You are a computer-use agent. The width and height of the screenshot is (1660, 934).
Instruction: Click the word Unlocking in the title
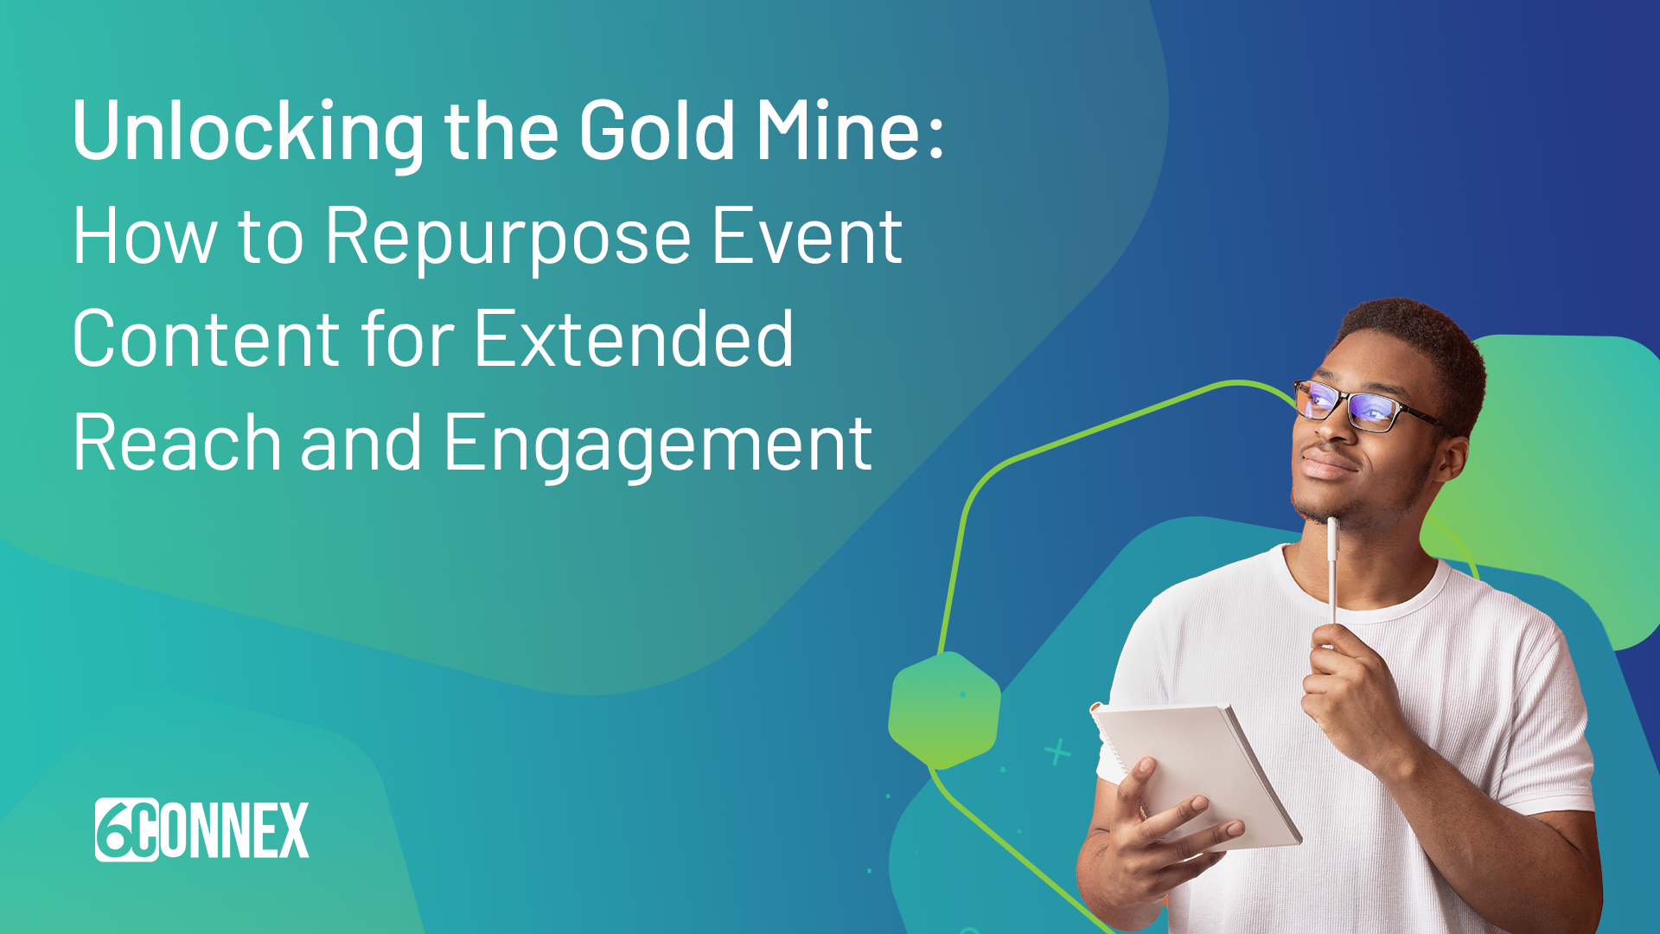coord(249,131)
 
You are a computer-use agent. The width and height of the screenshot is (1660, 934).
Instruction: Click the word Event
coord(807,235)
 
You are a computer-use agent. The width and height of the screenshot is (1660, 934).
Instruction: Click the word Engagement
coord(658,446)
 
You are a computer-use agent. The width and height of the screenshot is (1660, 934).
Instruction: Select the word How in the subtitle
coord(145,235)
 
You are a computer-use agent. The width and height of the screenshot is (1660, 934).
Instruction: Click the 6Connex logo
coord(202,829)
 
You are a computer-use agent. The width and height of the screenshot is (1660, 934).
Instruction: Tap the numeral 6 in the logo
coord(116,829)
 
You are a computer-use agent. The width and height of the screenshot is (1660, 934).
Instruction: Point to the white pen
coord(1332,572)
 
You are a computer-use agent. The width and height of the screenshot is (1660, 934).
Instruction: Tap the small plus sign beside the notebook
coord(1057,752)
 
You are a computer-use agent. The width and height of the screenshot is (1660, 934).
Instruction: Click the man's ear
coord(1450,463)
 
